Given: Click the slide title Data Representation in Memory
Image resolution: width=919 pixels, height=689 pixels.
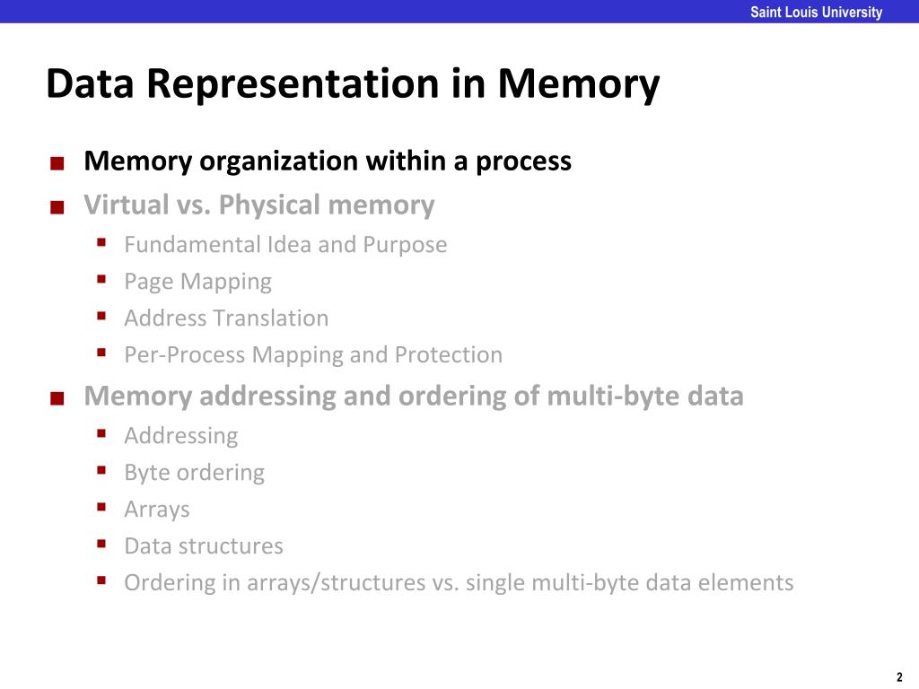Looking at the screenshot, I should point(353,85).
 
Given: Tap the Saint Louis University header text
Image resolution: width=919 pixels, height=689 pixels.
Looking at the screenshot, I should point(816,13).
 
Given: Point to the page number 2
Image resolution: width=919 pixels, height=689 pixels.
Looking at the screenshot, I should point(899,677).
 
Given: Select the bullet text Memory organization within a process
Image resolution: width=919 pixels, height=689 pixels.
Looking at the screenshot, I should point(328,161).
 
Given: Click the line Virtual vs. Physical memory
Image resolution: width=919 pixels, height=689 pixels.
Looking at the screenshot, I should point(258,205).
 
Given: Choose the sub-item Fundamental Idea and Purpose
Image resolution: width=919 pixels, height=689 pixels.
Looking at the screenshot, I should point(285,244).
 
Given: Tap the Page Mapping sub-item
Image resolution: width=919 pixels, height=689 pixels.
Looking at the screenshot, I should point(197,282).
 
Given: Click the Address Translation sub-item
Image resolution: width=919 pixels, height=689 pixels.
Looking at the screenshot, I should point(226,318).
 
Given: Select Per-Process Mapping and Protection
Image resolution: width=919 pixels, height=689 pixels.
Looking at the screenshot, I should point(313,355).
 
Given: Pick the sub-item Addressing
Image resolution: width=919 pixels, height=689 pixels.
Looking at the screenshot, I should point(181,436).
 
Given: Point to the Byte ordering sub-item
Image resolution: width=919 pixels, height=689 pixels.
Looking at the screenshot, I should point(194,473).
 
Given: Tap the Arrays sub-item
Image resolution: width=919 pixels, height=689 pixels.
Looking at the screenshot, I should point(157,510).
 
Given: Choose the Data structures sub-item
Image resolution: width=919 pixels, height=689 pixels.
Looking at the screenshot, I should point(204,546).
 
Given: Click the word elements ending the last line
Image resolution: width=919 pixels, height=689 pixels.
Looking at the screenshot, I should point(749,583).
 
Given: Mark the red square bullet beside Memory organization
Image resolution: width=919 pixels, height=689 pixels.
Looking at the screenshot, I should point(57,164).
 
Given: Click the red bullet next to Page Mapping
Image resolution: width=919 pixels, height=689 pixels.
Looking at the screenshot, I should point(102,280).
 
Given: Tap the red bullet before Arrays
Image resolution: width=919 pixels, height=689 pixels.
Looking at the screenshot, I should point(102,508).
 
